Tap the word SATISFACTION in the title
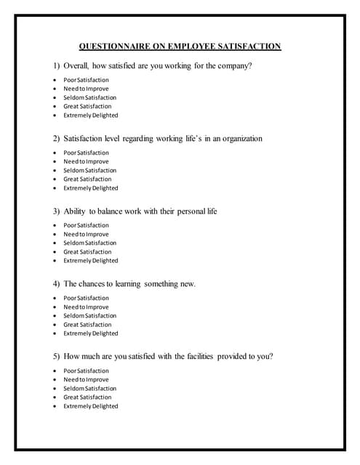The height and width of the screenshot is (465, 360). pos(249,46)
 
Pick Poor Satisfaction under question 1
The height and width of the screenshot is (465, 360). pos(86,80)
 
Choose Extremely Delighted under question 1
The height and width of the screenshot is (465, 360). pos(90,115)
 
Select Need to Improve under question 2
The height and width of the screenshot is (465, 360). pos(86,161)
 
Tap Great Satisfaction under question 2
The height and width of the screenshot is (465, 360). pos(87,179)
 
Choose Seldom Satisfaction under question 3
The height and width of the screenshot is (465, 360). pos(89,243)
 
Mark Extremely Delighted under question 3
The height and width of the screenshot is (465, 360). pos(90,260)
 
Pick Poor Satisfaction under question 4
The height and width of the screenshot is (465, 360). pos(86,298)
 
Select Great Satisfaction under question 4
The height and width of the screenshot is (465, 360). pos(87,324)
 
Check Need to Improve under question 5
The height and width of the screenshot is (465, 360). pos(86,379)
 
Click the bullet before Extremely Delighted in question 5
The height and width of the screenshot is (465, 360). pos(55,406)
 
